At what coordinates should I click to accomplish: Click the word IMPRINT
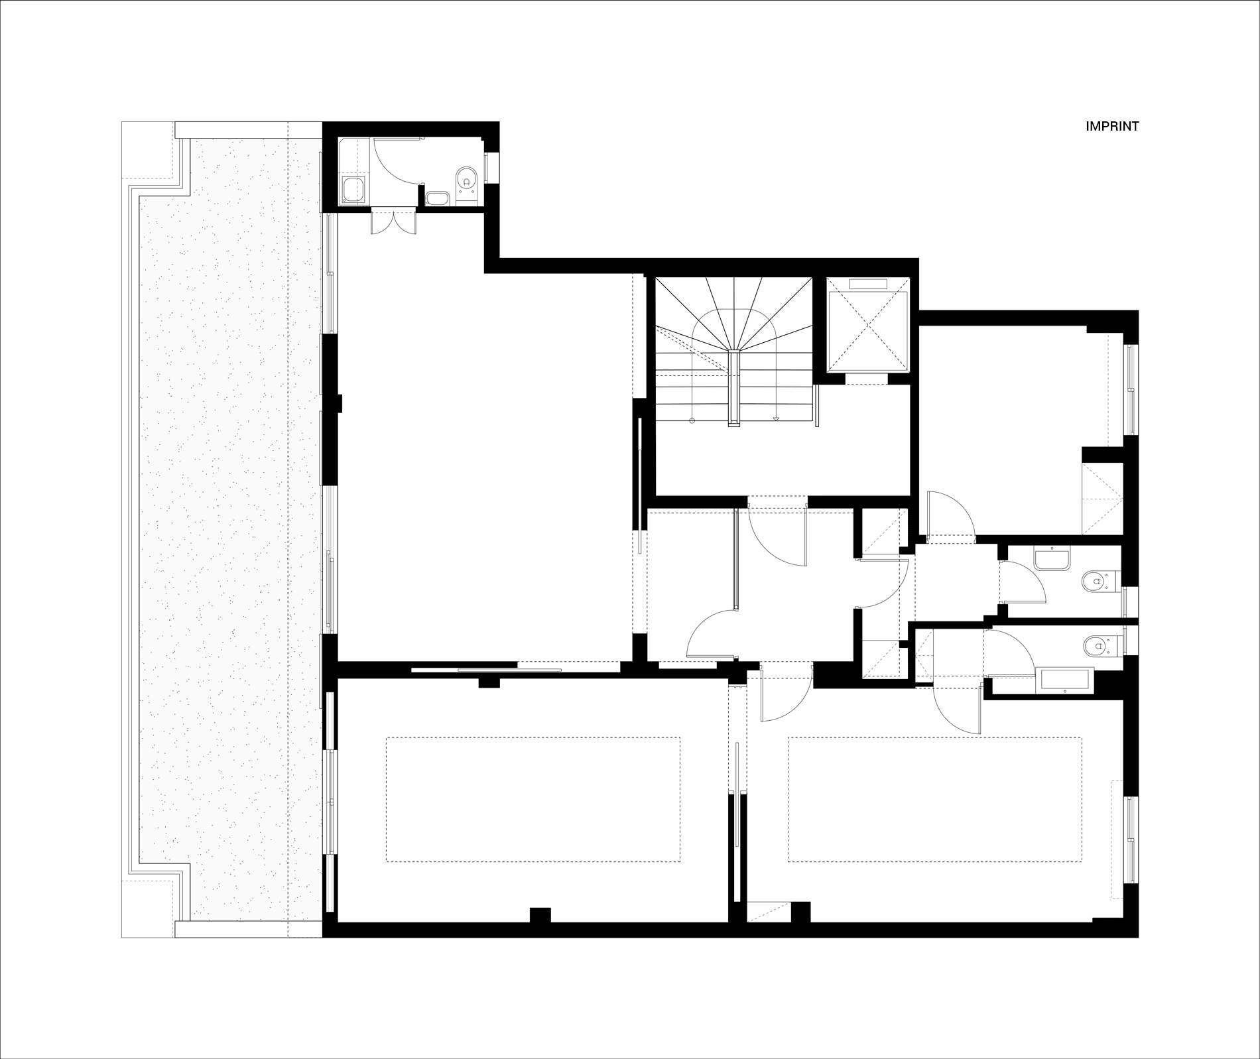(x=1112, y=126)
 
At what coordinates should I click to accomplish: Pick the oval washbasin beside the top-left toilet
(x=437, y=198)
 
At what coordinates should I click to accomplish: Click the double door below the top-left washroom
(x=393, y=221)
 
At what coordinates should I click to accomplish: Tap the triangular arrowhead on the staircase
(x=775, y=418)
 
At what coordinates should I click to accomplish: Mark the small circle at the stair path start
(x=692, y=420)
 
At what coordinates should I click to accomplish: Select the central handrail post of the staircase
(x=733, y=388)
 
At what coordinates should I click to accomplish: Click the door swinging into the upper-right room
(x=950, y=516)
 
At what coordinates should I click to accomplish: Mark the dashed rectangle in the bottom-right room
(x=935, y=800)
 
